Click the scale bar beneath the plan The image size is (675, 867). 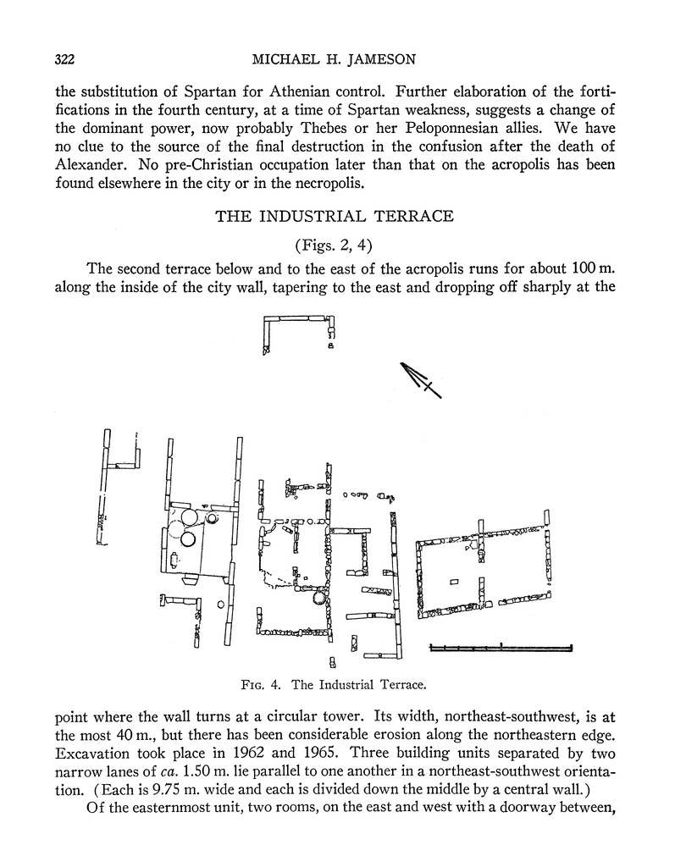click(x=501, y=648)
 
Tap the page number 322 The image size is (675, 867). click(x=65, y=59)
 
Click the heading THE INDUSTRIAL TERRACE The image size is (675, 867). click(x=335, y=216)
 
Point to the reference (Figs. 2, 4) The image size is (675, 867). click(x=335, y=246)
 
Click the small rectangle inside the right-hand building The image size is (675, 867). click(x=454, y=582)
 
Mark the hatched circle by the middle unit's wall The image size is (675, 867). click(x=319, y=599)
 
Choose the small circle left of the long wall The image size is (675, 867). click(x=220, y=604)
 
